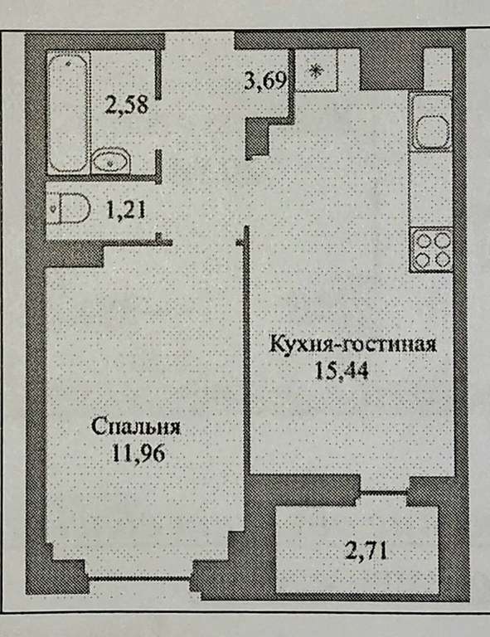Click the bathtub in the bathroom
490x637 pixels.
point(68,113)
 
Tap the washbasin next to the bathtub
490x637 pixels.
point(110,162)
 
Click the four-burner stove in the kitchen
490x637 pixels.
point(431,250)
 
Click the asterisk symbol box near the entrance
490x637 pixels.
point(316,71)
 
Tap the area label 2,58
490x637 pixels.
point(126,105)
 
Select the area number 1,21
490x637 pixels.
point(125,211)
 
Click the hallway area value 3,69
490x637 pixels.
point(265,80)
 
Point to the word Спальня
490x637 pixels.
point(136,427)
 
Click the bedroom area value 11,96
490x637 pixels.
point(138,453)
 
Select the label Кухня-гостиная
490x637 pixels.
point(352,345)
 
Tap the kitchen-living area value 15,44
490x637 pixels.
point(342,371)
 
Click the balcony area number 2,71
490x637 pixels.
point(366,552)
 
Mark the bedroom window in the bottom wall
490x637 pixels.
point(140,578)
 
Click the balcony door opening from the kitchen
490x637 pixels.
point(384,493)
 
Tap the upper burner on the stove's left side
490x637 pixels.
point(423,241)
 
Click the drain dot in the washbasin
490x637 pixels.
point(110,163)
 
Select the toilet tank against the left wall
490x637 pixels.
point(53,208)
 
